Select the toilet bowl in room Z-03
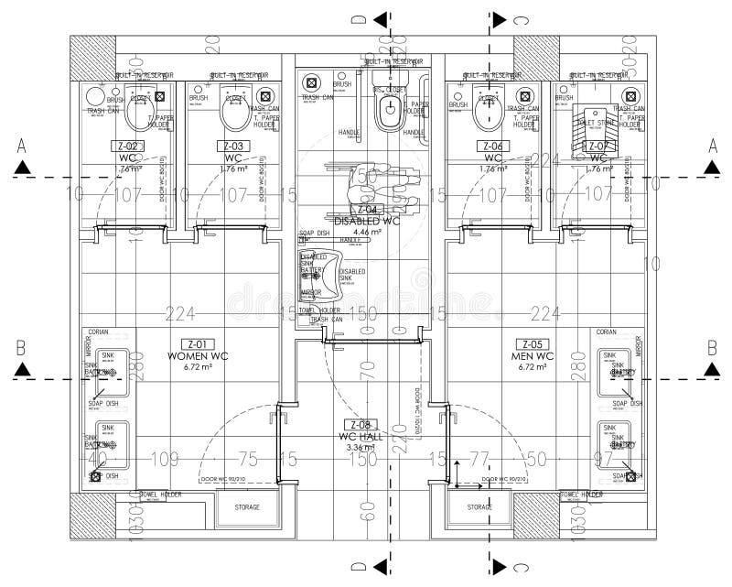[x=232, y=110]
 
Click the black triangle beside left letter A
[x=23, y=168]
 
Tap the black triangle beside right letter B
[x=711, y=369]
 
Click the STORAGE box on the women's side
[x=247, y=507]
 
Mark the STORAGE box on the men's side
[x=479, y=507]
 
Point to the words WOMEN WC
[x=191, y=355]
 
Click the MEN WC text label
[x=533, y=355]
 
